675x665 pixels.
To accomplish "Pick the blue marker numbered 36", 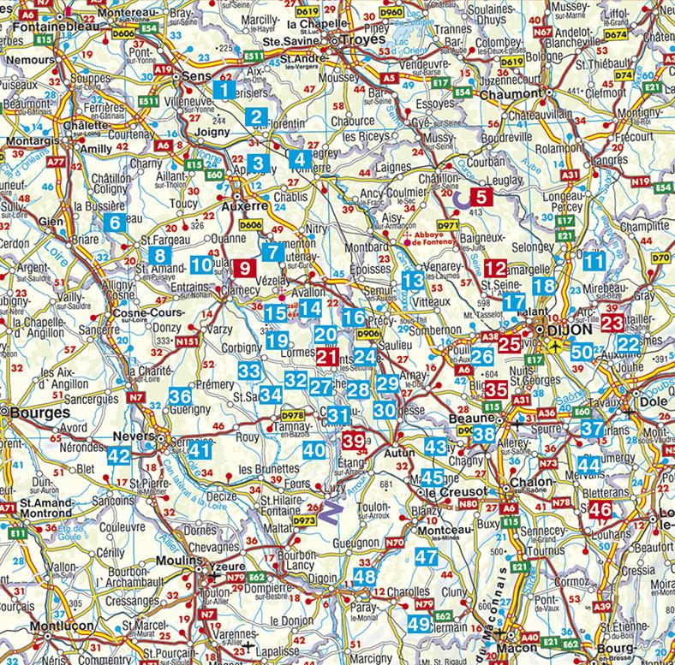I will pos(181,396).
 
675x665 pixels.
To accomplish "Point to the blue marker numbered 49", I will pos(419,624).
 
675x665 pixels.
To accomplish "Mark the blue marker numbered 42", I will pos(119,455).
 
